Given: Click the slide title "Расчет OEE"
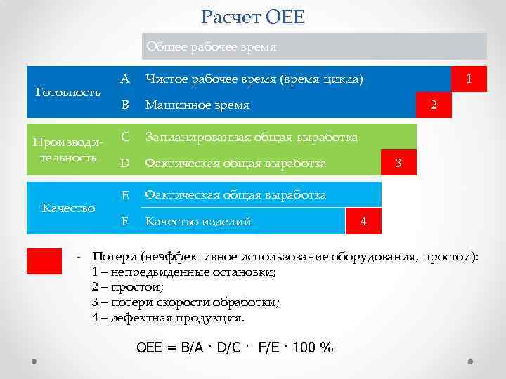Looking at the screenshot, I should pos(253,16).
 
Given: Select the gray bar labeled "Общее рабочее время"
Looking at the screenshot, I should pos(314,47).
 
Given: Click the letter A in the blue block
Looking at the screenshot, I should pos(124,79).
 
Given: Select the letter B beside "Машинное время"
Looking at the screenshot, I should pos(124,105).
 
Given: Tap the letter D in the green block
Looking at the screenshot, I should pos(124,164).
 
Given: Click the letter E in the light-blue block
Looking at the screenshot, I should pos(124,194).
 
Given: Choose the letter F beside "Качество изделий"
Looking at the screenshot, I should pos(124,221).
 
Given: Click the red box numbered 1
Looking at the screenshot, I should pos(469,79).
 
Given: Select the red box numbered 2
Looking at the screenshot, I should pos(434,105).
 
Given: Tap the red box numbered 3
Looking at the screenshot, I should pos(398,164).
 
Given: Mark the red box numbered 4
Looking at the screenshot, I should pos(363,221).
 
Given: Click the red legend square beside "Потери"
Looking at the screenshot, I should pos(44,260).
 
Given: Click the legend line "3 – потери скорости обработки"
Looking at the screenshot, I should pos(186,302).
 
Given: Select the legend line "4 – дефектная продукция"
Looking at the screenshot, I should pos(169,317).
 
